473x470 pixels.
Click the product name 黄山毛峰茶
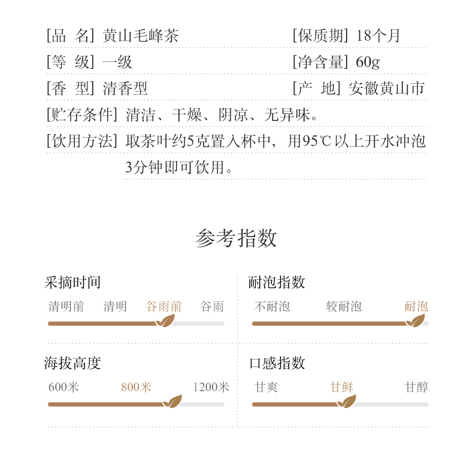[x=141, y=36]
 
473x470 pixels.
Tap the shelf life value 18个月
[x=378, y=36]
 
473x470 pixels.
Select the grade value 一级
[x=117, y=62]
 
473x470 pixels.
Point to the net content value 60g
[x=368, y=62]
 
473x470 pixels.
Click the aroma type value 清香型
[x=125, y=89]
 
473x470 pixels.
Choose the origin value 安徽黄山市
[x=386, y=89]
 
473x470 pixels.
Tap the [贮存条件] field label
[x=82, y=115]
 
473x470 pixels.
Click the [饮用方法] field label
[x=82, y=141]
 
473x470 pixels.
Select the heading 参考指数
[x=236, y=238]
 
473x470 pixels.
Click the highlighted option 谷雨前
[x=163, y=307]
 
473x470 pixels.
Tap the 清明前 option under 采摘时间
[x=66, y=307]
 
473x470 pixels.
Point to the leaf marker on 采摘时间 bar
[x=165, y=321]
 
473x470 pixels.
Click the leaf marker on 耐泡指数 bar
[x=415, y=321]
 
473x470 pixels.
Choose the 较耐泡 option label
[x=344, y=307]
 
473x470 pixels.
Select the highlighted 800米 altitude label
[x=136, y=387]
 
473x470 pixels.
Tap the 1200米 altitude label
[x=211, y=387]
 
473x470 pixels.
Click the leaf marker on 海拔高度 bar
[x=172, y=402]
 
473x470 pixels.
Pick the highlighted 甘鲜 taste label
[x=341, y=387]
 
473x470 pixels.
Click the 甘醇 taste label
[x=416, y=387]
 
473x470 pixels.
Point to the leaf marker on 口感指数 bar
[x=346, y=402]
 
